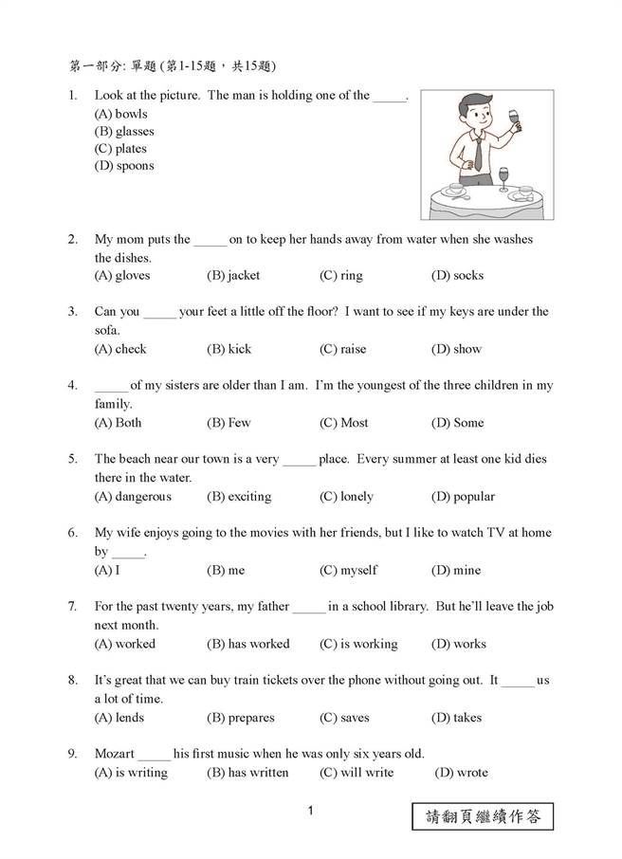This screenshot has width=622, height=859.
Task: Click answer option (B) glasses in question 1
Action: tap(123, 132)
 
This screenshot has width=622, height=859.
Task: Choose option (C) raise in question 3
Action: tap(342, 349)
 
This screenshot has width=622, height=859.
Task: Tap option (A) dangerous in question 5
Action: tap(133, 497)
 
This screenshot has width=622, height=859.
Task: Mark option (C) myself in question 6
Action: tap(348, 571)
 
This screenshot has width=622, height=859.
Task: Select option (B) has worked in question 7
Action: tap(247, 644)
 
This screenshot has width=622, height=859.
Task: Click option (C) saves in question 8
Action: tap(344, 718)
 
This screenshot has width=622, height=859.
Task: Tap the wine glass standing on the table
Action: tap(504, 178)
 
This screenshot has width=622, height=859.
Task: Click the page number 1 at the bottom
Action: tap(310, 812)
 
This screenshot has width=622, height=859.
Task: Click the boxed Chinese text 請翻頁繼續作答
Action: tap(483, 815)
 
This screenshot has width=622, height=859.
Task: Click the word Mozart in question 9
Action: tap(114, 754)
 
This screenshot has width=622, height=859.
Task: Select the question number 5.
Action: tap(72, 459)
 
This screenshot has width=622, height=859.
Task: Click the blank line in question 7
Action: tap(309, 608)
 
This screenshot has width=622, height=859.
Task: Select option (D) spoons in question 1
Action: tap(123, 166)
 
